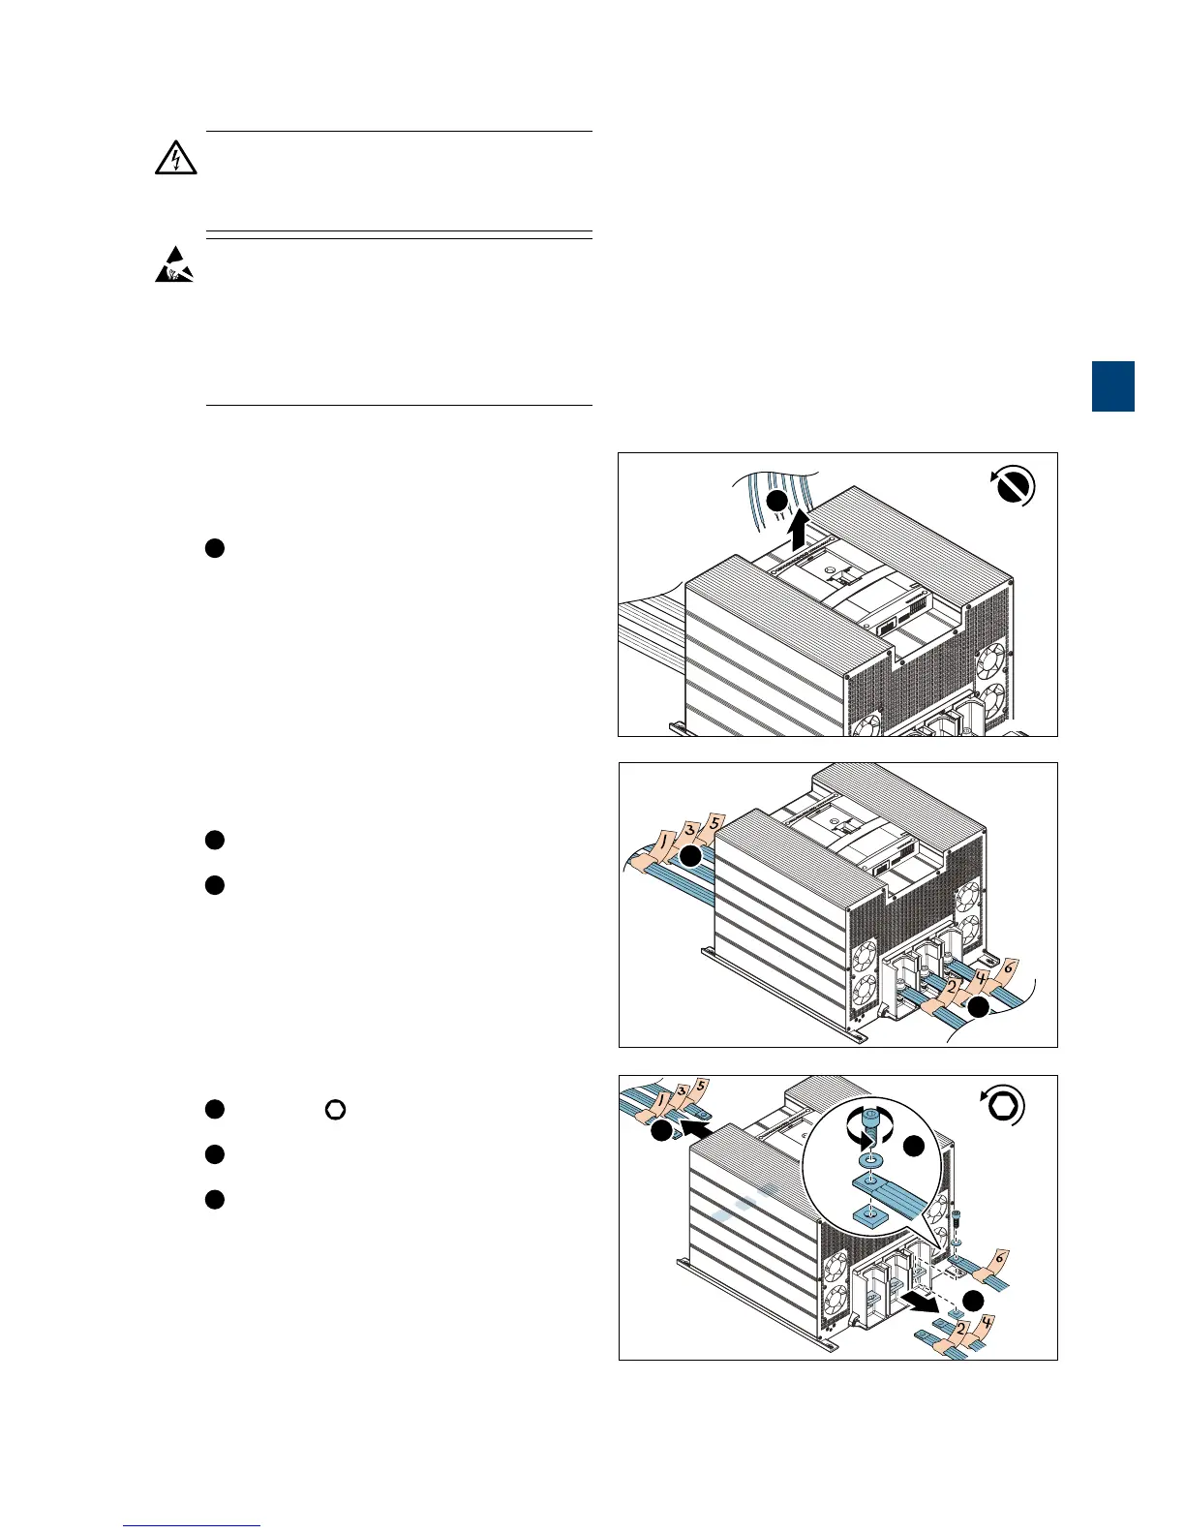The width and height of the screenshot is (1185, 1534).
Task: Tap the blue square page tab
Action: [x=1113, y=386]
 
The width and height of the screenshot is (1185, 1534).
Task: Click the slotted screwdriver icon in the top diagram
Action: [x=1013, y=486]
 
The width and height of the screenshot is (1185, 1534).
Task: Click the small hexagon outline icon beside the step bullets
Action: [x=335, y=1110]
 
